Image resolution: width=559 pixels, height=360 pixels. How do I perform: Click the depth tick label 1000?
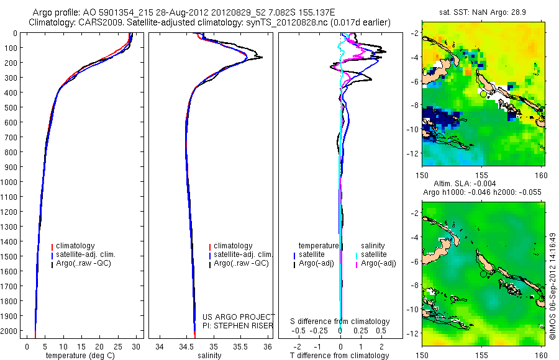pyautogui.click(x=9, y=182)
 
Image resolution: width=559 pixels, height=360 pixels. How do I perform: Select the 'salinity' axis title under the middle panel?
pyautogui.click(x=210, y=356)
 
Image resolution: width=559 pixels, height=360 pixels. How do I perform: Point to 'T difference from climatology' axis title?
pyautogui.click(x=340, y=356)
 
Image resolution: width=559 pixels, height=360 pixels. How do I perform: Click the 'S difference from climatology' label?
pyautogui.click(x=340, y=322)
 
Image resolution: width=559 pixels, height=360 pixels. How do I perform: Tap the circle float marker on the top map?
pyautogui.click(x=484, y=94)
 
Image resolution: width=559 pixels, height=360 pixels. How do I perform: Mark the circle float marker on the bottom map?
pyautogui.click(x=484, y=274)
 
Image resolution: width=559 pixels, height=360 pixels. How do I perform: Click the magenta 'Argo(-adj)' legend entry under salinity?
pyautogui.click(x=378, y=263)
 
